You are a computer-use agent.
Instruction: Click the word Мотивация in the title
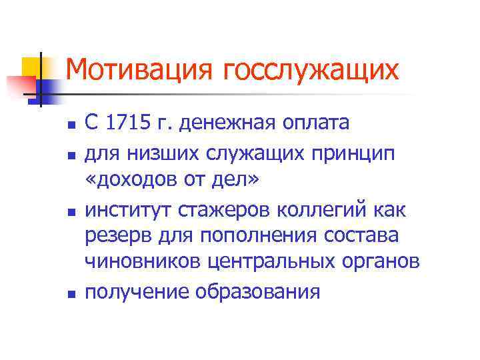click(141, 69)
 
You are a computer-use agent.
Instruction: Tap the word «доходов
click(133, 181)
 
